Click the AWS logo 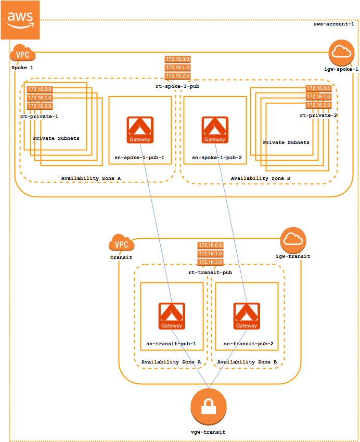tap(20, 20)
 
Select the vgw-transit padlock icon tap(209, 407)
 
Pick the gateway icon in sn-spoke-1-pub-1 tap(139, 130)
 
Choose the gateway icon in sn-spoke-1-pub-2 tap(215, 130)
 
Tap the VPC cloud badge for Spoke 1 tap(22, 55)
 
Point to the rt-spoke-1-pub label tap(177, 87)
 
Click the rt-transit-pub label tap(210, 272)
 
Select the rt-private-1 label tap(40, 116)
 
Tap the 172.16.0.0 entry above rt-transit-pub tap(210, 245)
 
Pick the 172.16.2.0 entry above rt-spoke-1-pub tap(177, 76)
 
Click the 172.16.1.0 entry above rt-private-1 tap(40, 98)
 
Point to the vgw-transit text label tap(208, 432)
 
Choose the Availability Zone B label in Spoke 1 tap(261, 178)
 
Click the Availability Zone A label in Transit tap(171, 361)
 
